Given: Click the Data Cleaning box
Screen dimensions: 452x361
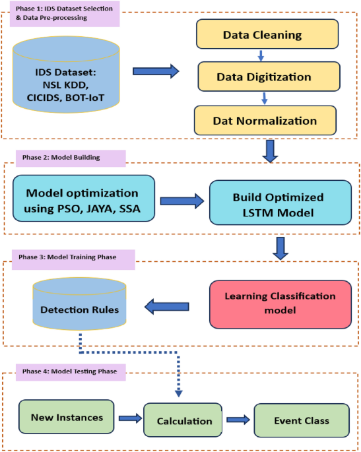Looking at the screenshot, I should coord(262,35).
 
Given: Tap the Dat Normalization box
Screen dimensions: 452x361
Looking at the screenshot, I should coord(265,120).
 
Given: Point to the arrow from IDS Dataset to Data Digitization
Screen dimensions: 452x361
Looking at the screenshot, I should coord(156,72).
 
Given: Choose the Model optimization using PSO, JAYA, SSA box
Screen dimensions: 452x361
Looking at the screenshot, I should coord(83,199).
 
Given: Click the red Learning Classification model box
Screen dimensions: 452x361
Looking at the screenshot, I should coord(279,304).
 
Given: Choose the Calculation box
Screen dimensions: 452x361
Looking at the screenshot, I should coord(184,420).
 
